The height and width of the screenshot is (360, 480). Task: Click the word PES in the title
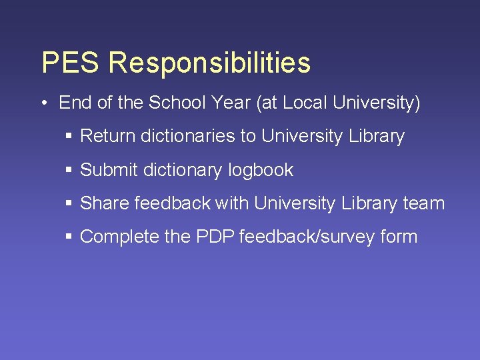point(69,63)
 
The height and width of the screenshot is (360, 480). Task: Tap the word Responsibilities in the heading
point(209,63)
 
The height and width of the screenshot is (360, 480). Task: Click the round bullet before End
point(43,103)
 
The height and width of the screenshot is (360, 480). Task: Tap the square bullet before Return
point(69,137)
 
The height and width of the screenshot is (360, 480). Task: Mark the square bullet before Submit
point(69,170)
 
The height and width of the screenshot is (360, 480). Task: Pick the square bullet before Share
point(69,203)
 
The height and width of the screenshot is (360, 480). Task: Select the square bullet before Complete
point(69,237)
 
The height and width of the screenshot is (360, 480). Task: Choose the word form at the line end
point(399,237)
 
